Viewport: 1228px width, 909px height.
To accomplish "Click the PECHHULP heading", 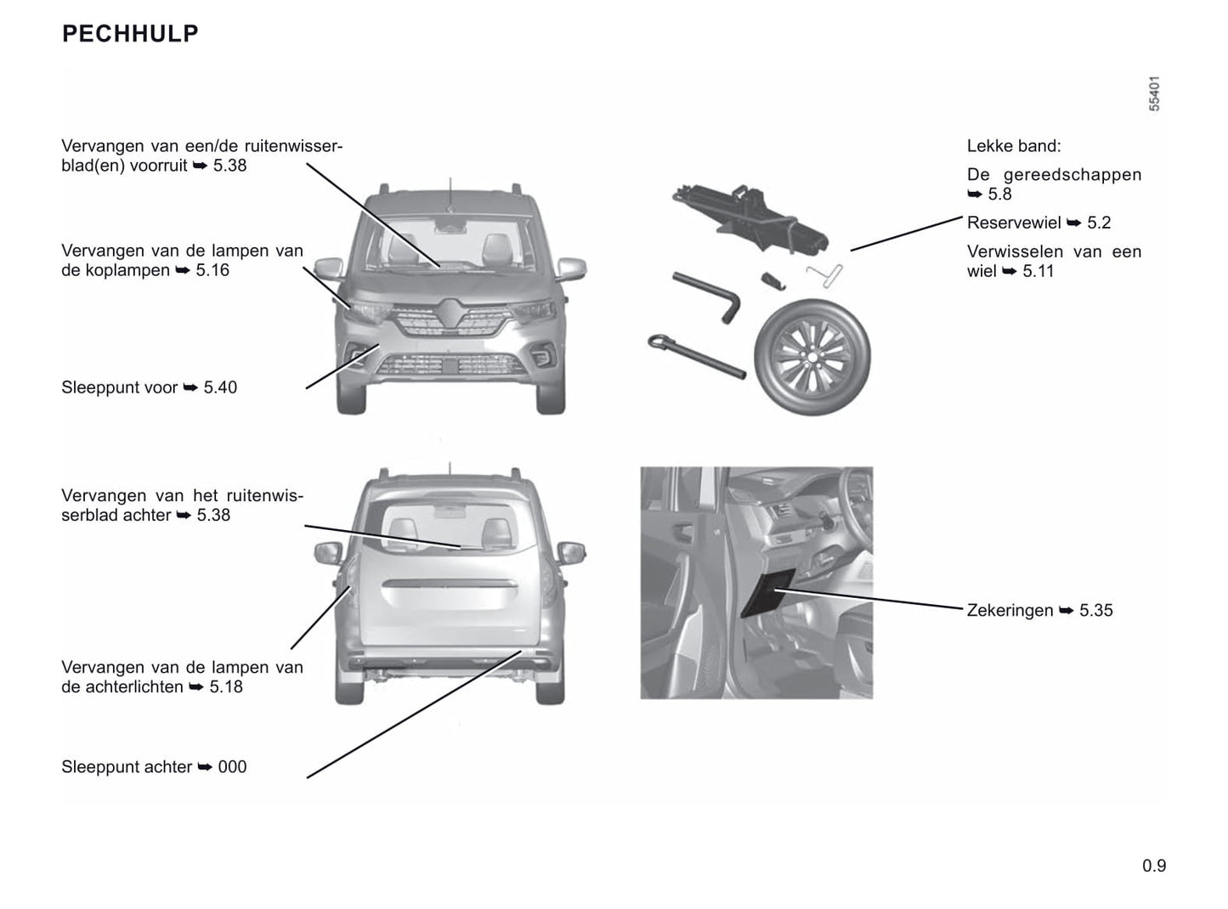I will [130, 34].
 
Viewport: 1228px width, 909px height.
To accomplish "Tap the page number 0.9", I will [1154, 866].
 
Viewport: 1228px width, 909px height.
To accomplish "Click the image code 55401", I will [1153, 93].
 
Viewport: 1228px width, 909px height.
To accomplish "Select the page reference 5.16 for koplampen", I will [212, 270].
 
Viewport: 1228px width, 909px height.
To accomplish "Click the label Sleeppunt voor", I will [120, 387].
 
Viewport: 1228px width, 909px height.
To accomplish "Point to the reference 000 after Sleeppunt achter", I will [232, 767].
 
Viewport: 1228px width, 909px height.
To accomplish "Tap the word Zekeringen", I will [1010, 611].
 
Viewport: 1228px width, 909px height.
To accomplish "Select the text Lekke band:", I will [1014, 146].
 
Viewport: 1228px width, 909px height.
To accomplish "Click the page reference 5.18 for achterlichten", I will [226, 686].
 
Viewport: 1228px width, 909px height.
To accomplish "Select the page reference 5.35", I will [1095, 611].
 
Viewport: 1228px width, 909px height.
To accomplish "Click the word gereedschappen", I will [1072, 175].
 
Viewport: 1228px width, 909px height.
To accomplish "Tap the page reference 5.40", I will [220, 387].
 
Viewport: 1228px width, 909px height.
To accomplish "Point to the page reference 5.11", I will [1038, 271].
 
